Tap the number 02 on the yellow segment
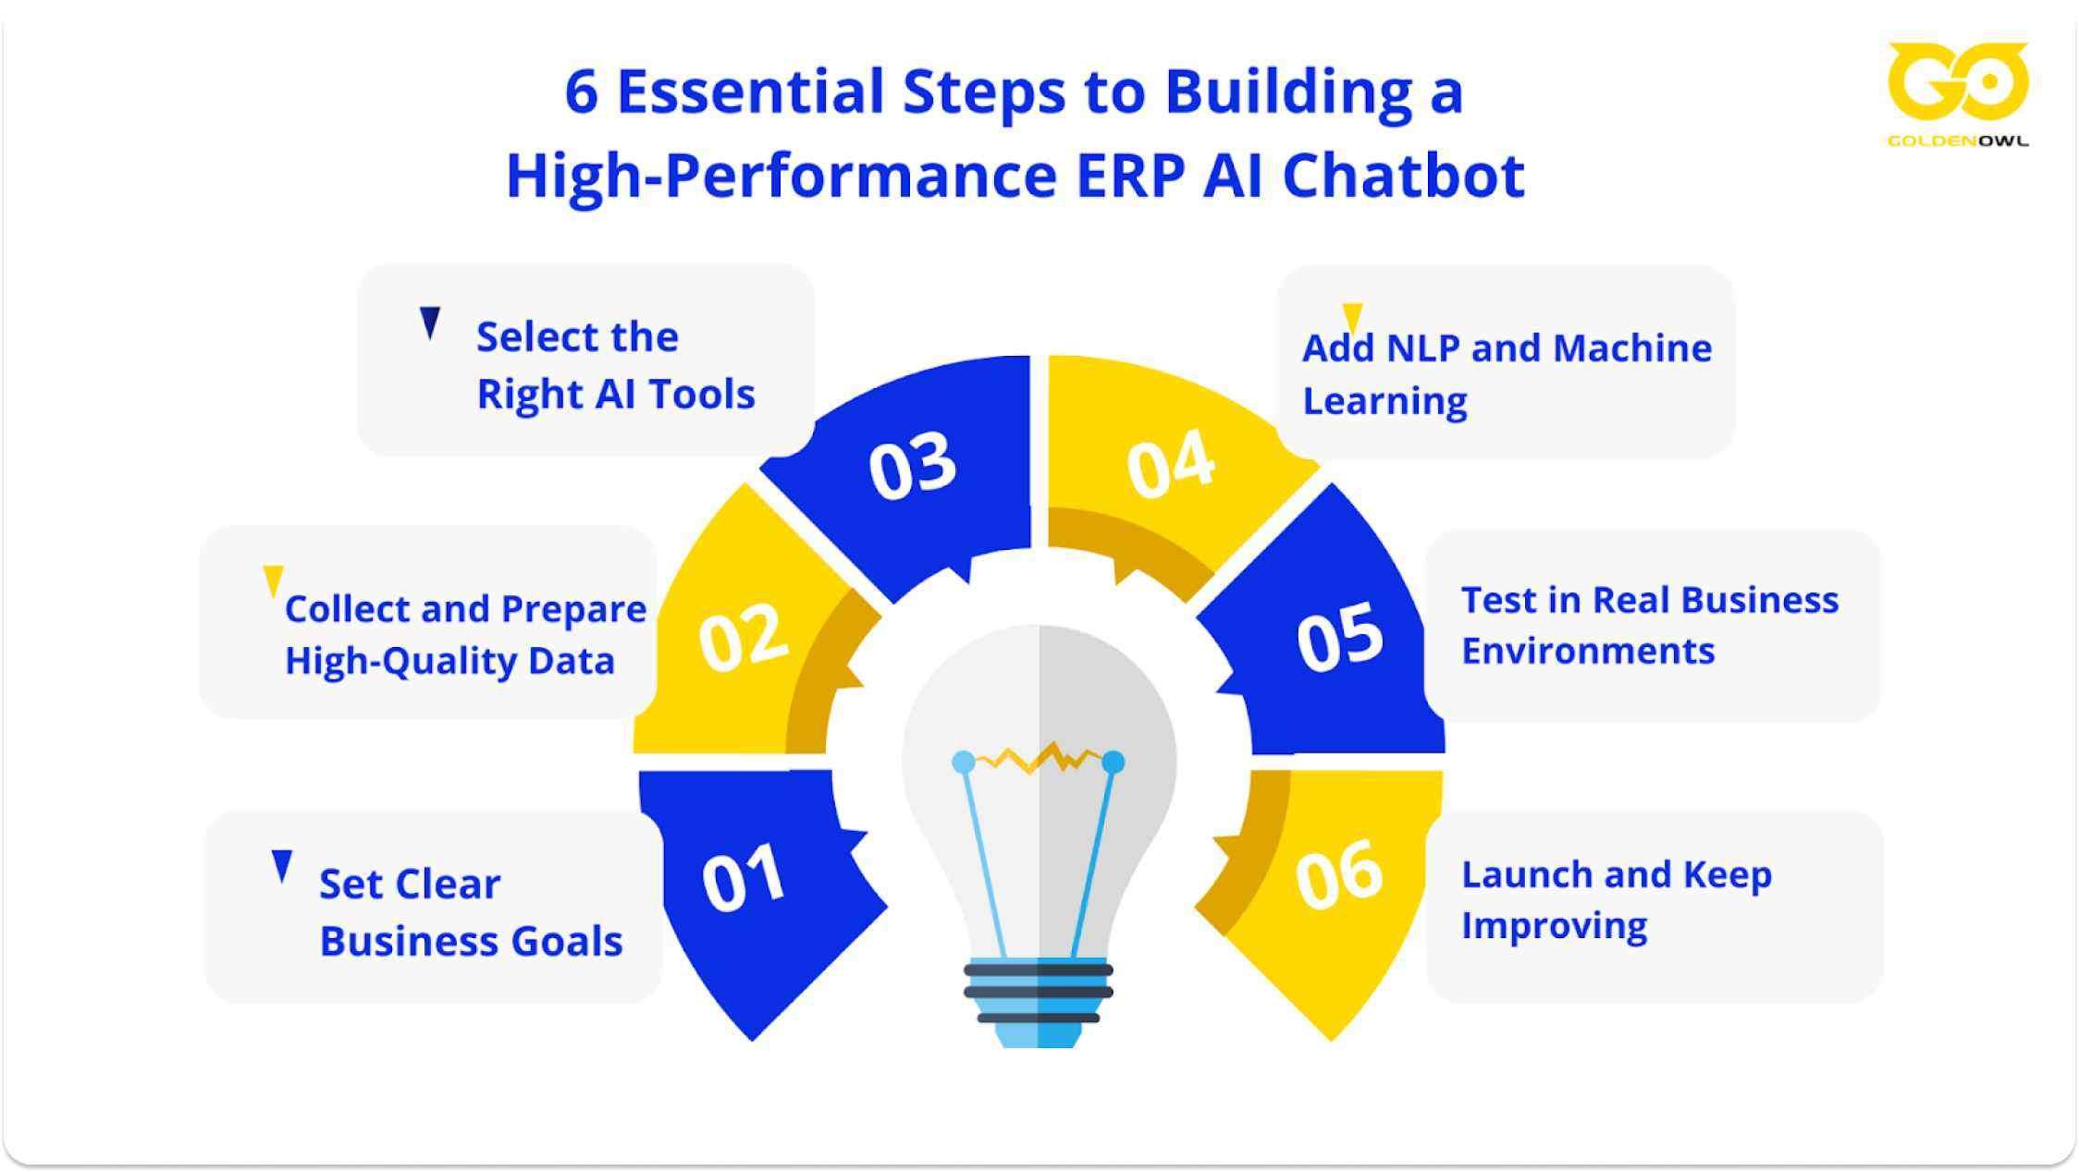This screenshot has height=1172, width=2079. pos(744,637)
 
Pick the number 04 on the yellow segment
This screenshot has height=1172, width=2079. pos(1170,464)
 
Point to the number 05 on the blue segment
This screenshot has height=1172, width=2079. pos(1339,637)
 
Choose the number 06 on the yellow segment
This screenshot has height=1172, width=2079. pos(1338,874)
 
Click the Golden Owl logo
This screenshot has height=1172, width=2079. pos(1958,92)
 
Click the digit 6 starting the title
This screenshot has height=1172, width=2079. pos(581,92)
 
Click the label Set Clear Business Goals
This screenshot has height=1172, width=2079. pos(470,912)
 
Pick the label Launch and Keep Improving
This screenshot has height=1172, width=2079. pos(1615,899)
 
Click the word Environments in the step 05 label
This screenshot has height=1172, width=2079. pos(1587,652)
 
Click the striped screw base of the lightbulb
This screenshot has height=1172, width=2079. pos(1038,993)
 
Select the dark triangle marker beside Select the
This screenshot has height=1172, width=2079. pos(430,322)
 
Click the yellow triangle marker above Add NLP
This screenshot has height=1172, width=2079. pos(1352,316)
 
